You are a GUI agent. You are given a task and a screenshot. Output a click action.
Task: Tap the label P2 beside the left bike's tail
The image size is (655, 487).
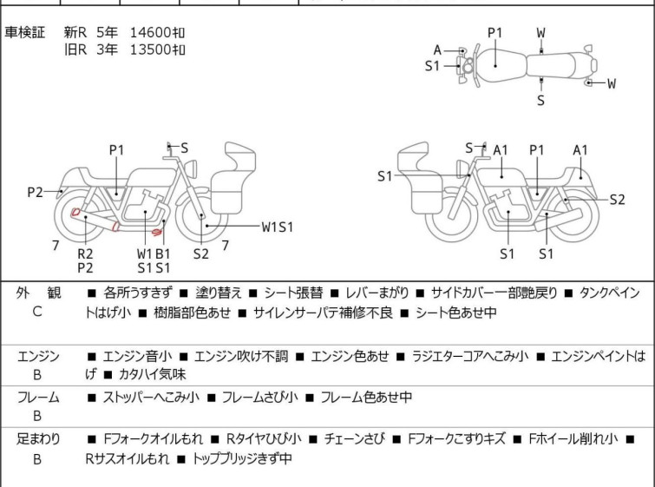pyautogui.click(x=35, y=192)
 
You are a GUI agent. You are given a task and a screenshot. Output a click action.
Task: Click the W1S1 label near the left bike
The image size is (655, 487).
pyautogui.click(x=278, y=227)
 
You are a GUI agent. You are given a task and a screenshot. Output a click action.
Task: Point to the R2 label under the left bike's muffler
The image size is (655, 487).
pyautogui.click(x=85, y=253)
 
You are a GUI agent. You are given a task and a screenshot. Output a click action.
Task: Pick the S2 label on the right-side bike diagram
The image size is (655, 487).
pyautogui.click(x=616, y=199)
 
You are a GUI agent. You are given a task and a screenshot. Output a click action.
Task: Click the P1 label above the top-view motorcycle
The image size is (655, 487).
pyautogui.click(x=495, y=33)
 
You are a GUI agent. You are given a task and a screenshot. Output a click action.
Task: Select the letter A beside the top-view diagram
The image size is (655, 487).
pyautogui.click(x=438, y=49)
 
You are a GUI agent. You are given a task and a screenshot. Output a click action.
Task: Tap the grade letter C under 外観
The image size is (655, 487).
pyautogui.click(x=36, y=312)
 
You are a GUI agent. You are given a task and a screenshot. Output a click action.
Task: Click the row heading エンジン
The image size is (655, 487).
pyautogui.click(x=38, y=356)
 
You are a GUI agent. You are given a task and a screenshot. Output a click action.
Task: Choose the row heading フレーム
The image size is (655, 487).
pyautogui.click(x=38, y=398)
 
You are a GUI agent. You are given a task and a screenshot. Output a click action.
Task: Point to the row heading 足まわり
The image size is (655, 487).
pyautogui.click(x=38, y=439)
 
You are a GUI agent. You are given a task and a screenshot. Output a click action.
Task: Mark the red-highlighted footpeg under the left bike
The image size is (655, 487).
pyautogui.click(x=158, y=232)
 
